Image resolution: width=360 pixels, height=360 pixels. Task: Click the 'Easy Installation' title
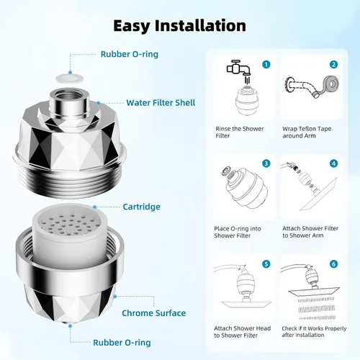(179, 26)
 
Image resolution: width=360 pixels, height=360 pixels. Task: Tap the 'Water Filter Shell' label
(161, 103)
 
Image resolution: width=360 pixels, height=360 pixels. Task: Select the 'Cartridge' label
(142, 207)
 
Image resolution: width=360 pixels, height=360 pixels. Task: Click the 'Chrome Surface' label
(154, 313)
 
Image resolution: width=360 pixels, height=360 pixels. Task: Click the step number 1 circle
(266, 64)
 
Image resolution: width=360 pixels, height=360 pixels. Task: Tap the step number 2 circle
(333, 64)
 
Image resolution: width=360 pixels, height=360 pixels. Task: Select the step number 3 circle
(266, 163)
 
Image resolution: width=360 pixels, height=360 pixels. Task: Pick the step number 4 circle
(333, 163)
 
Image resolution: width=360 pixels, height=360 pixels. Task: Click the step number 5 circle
(266, 264)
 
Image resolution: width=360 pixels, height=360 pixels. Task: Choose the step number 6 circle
(333, 264)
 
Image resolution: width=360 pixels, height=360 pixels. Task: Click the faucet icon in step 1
(239, 68)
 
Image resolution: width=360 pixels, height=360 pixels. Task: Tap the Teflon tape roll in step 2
(330, 84)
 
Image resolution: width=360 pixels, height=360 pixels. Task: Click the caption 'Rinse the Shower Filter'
(239, 132)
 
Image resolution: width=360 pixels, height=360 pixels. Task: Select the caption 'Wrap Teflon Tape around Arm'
(307, 132)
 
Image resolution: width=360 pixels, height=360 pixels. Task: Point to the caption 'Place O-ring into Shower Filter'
(238, 232)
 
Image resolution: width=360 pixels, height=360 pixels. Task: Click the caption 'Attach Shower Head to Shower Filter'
(242, 332)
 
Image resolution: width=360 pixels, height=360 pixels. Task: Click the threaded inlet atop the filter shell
(69, 101)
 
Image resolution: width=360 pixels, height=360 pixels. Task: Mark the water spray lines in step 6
(317, 309)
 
